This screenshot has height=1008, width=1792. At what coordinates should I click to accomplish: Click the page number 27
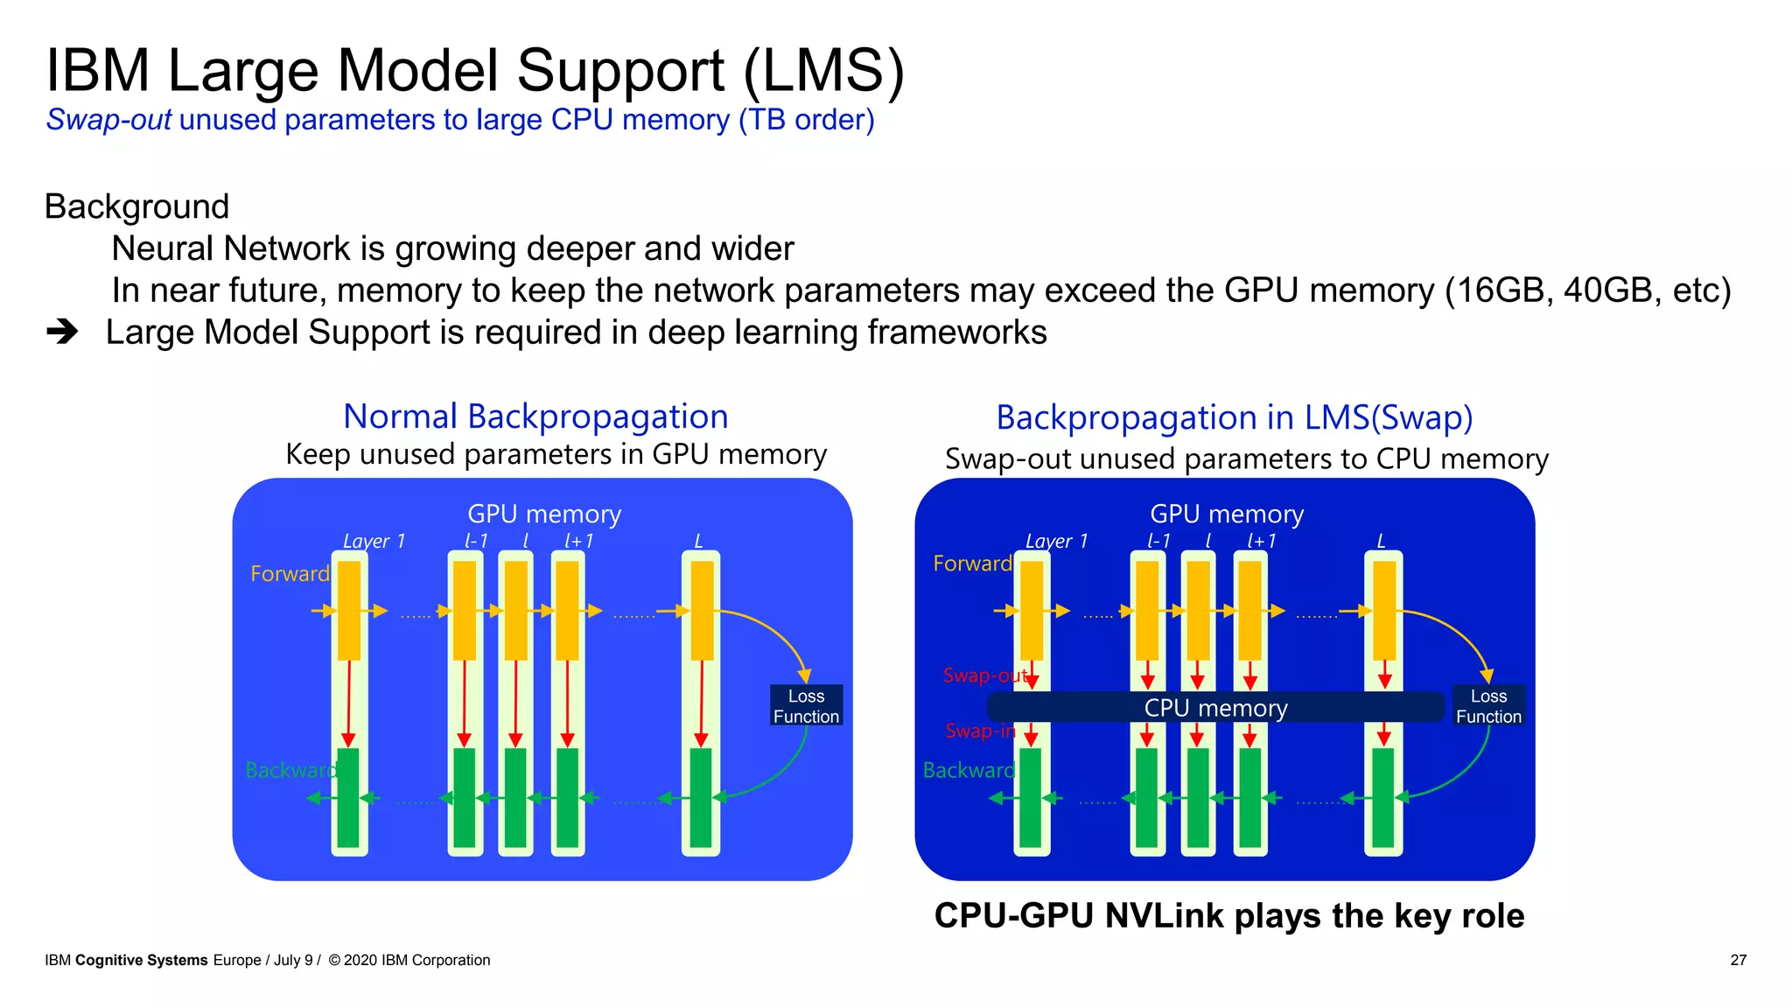click(1738, 960)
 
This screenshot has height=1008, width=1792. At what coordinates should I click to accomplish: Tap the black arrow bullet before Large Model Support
click(62, 332)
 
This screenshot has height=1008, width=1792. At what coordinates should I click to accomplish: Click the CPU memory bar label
click(1215, 707)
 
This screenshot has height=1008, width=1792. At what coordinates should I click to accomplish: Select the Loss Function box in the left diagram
click(806, 705)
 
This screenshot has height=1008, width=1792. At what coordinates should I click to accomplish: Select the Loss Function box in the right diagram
click(1488, 705)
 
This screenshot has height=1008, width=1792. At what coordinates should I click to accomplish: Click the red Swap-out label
click(983, 675)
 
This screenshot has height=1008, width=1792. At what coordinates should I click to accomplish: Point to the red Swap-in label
click(979, 731)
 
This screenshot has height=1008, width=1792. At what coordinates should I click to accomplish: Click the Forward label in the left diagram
click(290, 574)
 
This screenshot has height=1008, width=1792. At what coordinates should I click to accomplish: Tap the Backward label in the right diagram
click(968, 770)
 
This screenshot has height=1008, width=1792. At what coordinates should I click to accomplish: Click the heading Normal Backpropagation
click(535, 416)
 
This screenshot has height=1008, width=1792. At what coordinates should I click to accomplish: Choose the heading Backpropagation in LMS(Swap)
click(1234, 418)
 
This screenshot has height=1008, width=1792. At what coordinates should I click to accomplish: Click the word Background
click(137, 206)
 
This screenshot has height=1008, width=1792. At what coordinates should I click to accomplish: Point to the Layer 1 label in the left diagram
click(374, 541)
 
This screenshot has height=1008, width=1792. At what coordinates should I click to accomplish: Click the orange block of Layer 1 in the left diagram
click(349, 610)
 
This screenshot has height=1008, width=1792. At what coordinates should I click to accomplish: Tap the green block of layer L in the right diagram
click(1383, 797)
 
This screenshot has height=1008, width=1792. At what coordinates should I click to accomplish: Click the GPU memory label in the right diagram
click(1226, 514)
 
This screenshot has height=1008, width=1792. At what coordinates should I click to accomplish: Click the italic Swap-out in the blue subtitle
click(108, 120)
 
